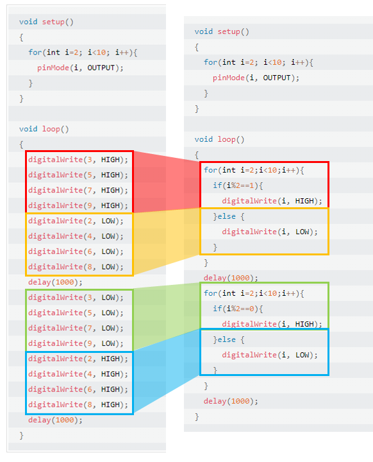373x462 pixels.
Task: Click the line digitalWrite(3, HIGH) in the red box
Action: pyautogui.click(x=78, y=160)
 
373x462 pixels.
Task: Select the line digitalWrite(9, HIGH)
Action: pyautogui.click(x=78, y=205)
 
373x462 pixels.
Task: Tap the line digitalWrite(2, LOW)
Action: pyautogui.click(x=76, y=221)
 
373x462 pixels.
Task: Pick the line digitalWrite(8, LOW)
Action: pyautogui.click(x=76, y=267)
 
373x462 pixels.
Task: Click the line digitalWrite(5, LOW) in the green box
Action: pyautogui.click(x=76, y=313)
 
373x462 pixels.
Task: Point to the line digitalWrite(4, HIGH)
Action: pyautogui.click(x=78, y=374)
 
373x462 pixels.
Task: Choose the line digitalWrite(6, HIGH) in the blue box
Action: pyautogui.click(x=78, y=389)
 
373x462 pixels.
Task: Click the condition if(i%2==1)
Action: pyautogui.click(x=238, y=185)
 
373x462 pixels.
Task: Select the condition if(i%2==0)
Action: pyautogui.click(x=238, y=309)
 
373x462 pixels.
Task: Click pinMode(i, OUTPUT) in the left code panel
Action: pyautogui.click(x=80, y=68)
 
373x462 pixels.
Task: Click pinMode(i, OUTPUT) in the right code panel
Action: pyautogui.click(x=256, y=78)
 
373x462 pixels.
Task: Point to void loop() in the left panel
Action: pyautogui.click(x=44, y=129)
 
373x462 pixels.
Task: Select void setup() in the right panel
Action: pyautogui.click(x=222, y=32)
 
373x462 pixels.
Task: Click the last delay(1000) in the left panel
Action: pyautogui.click(x=55, y=420)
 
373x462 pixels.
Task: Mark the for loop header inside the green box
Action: pyautogui.click(x=254, y=293)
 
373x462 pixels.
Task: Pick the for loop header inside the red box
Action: pyautogui.click(x=254, y=170)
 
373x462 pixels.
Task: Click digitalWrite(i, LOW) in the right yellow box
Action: pyautogui.click(x=270, y=232)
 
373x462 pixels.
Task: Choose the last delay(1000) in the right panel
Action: pyautogui.click(x=231, y=401)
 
